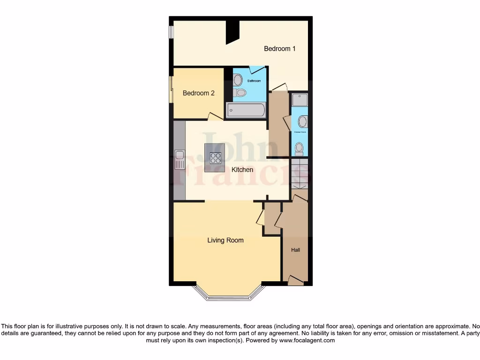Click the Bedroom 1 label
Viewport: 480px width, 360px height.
point(279,49)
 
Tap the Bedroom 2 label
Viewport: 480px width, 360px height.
point(198,93)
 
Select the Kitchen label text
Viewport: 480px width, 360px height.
point(242,170)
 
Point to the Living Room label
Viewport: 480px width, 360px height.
point(225,240)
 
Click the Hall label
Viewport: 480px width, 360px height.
point(295,250)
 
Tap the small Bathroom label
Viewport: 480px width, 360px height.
point(254,81)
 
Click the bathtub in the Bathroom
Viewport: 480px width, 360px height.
point(246,110)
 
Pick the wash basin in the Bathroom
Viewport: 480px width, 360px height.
point(238,80)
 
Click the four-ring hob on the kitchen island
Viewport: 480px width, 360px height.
point(216,158)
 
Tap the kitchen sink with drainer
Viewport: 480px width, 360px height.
point(179,159)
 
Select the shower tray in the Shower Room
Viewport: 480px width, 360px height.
point(300,100)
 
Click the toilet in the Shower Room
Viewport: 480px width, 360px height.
point(299,149)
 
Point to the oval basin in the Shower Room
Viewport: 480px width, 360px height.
point(303,122)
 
